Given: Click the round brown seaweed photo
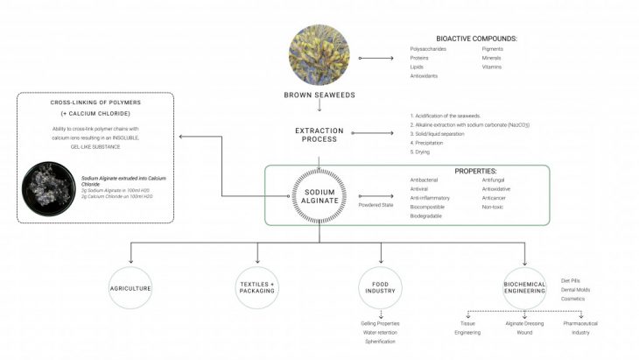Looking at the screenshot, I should (x=320, y=57).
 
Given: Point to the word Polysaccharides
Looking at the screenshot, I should (x=429, y=49).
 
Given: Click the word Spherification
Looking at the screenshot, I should (x=381, y=341).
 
